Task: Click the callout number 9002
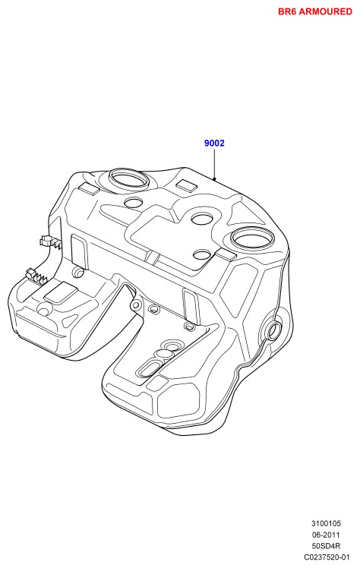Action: tap(214, 143)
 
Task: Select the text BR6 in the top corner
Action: tap(287, 11)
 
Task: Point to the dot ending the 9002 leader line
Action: tap(214, 178)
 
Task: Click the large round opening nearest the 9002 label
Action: tap(128, 179)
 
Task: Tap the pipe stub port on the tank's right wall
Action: tap(273, 330)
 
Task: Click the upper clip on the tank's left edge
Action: tap(50, 241)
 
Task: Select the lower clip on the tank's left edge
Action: tap(36, 276)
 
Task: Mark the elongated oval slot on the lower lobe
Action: tap(149, 368)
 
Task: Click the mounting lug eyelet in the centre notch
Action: tap(136, 305)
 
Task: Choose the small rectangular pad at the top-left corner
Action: tap(89, 189)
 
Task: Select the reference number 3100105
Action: tap(326, 523)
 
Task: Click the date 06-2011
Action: tap(326, 535)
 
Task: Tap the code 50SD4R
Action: tap(326, 546)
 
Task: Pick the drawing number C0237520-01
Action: tap(327, 557)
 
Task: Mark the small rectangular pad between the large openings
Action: tap(187, 185)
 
